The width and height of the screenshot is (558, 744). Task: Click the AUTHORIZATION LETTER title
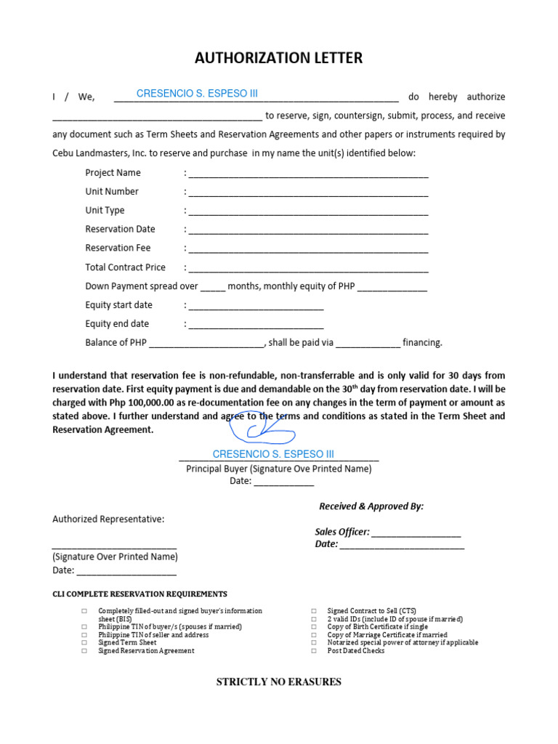pyautogui.click(x=278, y=58)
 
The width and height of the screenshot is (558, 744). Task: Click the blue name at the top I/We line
pyautogui.click(x=197, y=94)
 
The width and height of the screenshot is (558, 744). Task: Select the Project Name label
pyautogui.click(x=113, y=173)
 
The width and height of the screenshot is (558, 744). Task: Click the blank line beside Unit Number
pyautogui.click(x=308, y=193)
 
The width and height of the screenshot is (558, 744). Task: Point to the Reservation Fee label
pyautogui.click(x=118, y=248)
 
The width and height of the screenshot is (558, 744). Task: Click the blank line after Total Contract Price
pyautogui.click(x=308, y=268)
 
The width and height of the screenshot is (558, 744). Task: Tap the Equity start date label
pyautogui.click(x=118, y=305)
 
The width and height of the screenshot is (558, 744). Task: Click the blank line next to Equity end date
pyautogui.click(x=256, y=325)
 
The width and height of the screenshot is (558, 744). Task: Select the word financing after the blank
pyautogui.click(x=422, y=343)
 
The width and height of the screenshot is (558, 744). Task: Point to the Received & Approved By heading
pyautogui.click(x=371, y=506)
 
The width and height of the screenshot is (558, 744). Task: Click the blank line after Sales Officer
pyautogui.click(x=416, y=533)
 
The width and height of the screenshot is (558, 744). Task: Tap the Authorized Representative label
pyautogui.click(x=108, y=519)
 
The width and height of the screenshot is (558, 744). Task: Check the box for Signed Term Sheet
pyautogui.click(x=84, y=643)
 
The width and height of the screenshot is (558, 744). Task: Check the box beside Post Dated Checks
pyautogui.click(x=314, y=651)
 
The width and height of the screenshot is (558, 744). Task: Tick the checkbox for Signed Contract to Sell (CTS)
pyautogui.click(x=314, y=611)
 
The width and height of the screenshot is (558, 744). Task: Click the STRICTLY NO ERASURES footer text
pyautogui.click(x=279, y=682)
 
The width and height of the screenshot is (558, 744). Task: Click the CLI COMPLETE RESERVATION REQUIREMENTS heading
pyautogui.click(x=139, y=594)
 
